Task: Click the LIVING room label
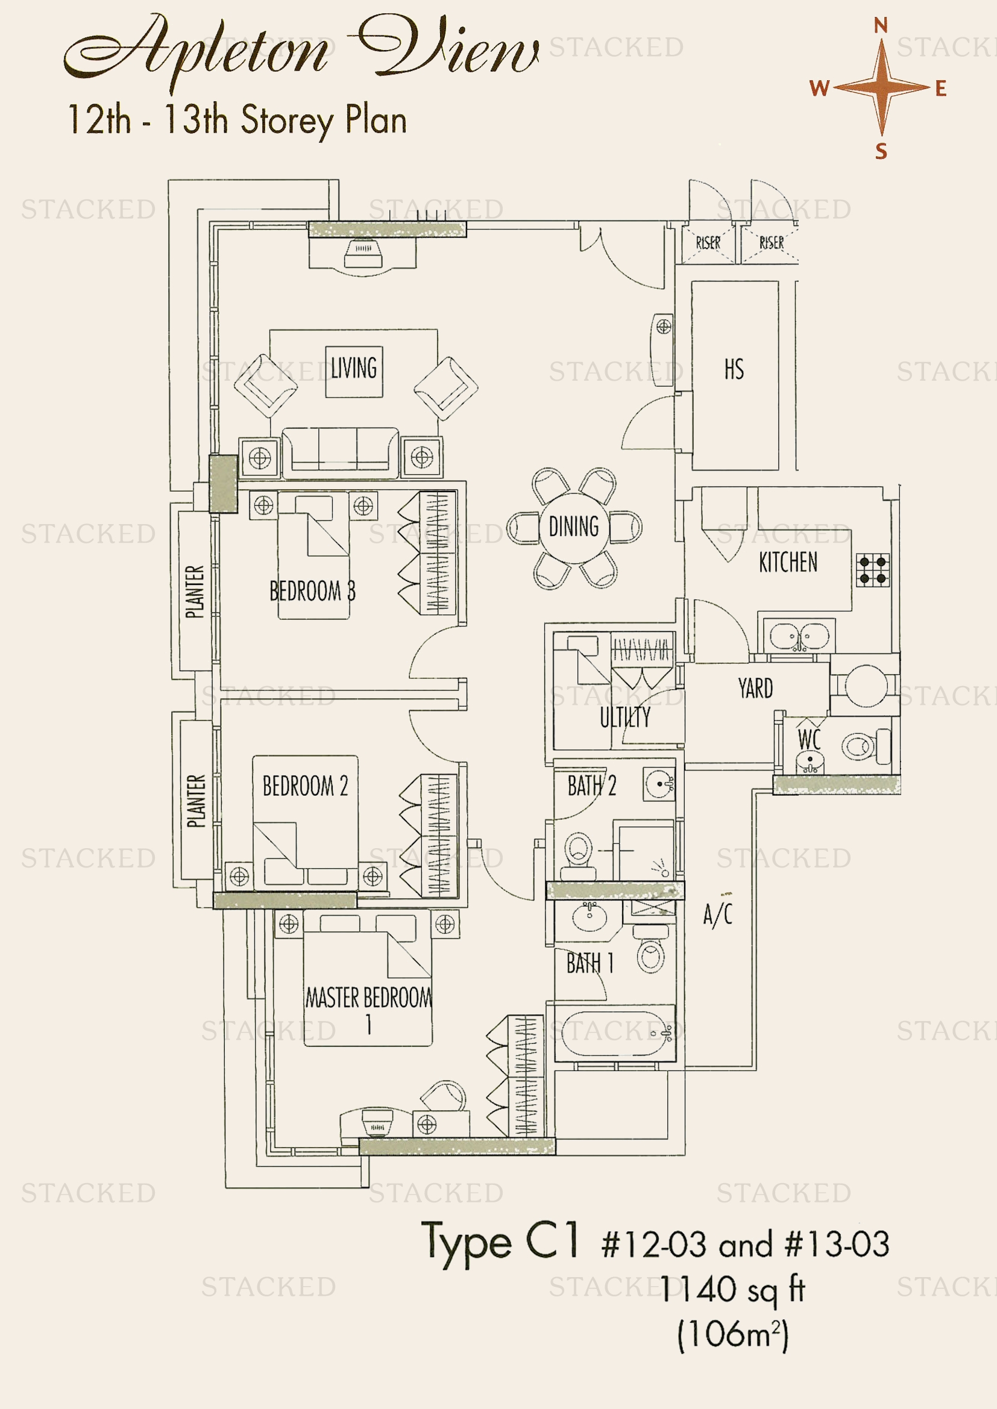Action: click(x=354, y=367)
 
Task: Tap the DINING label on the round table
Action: click(x=573, y=526)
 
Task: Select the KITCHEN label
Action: click(x=788, y=562)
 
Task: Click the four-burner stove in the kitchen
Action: click(x=872, y=570)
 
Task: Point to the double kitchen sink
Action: click(x=799, y=636)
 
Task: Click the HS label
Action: click(x=734, y=369)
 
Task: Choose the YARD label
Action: click(x=755, y=689)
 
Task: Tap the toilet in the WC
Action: click(x=866, y=746)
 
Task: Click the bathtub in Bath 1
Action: click(x=614, y=1034)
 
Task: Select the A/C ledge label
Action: click(x=718, y=914)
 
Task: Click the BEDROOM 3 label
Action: click(x=312, y=590)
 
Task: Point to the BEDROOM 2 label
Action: click(x=305, y=786)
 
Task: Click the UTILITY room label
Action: click(x=625, y=717)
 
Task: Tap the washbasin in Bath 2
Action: click(x=660, y=784)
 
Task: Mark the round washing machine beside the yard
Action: click(x=866, y=686)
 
